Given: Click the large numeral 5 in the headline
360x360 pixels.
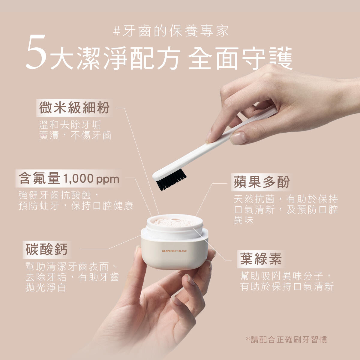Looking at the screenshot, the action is coord(36,52).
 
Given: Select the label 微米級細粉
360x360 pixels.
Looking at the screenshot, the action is coord(74,108).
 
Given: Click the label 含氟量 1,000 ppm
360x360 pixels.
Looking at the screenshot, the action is coord(69,178).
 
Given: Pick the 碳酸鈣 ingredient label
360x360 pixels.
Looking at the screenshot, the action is coord(46,250).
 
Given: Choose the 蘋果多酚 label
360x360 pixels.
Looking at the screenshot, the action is coord(262,182).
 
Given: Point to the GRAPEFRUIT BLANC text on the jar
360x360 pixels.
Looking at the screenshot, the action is coord(174,251).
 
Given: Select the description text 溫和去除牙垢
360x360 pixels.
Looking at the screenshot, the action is coord(70,125).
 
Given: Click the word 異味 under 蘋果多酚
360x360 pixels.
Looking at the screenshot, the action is coord(244,220).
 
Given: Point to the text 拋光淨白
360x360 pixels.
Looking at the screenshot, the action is coord(46,288).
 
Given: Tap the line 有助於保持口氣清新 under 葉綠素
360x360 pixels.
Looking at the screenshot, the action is coord(287,286).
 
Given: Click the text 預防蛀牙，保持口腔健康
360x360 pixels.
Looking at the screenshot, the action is coord(76,206).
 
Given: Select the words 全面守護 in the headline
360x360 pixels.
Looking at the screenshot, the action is coord(240,58).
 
